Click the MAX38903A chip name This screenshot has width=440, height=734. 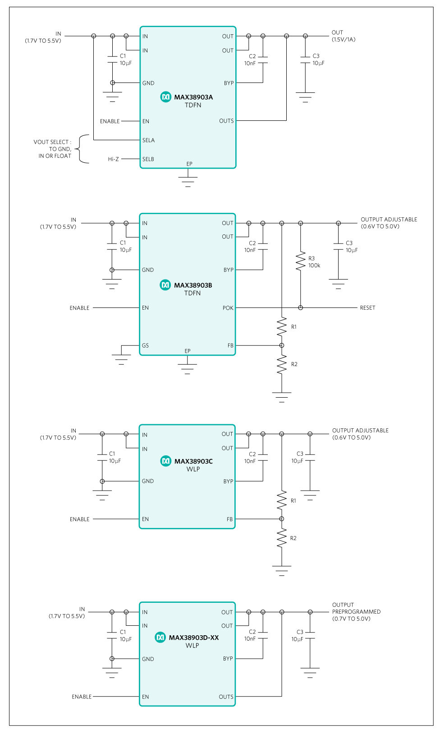click(193, 97)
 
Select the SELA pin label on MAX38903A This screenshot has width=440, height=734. click(148, 140)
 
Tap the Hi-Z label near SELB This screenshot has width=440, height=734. click(113, 159)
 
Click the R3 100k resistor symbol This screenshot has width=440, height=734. click(301, 261)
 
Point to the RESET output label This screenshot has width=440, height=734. click(367, 308)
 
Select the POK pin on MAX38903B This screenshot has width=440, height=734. click(228, 308)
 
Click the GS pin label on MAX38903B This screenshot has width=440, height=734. click(145, 346)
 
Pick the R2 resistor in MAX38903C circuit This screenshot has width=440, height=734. click(282, 538)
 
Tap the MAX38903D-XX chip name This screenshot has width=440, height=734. click(194, 638)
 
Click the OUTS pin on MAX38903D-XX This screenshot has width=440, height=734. click(226, 697)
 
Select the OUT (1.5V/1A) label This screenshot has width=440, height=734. click(343, 36)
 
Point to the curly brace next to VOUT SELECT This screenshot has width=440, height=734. click(82, 149)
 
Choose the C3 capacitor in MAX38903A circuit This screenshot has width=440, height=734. click(305, 60)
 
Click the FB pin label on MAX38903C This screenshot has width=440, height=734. click(229, 519)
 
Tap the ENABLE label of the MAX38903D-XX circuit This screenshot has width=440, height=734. click(82, 697)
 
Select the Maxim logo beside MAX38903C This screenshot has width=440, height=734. click(166, 461)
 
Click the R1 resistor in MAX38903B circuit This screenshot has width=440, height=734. click(282, 326)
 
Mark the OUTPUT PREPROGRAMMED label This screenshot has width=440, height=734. click(356, 612)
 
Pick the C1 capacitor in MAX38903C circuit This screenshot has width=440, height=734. click(102, 457)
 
